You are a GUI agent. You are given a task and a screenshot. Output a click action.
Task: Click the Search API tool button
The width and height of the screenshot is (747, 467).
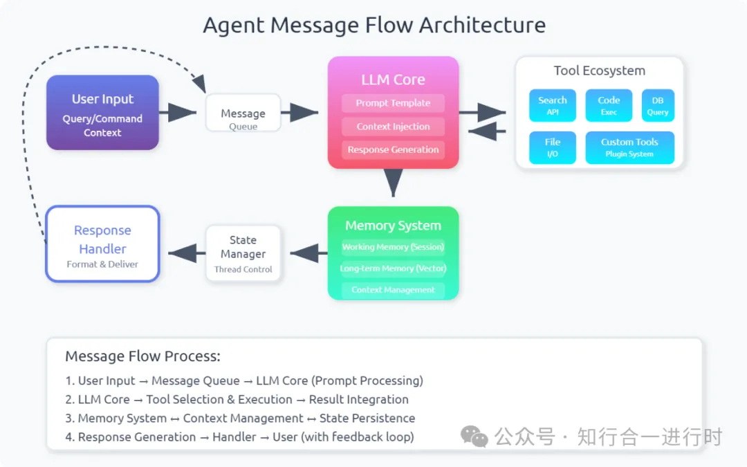click(552, 105)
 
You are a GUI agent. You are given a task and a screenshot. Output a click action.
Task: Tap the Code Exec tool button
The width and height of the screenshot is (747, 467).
click(609, 105)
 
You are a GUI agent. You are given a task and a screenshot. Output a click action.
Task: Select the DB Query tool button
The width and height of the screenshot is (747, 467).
click(658, 105)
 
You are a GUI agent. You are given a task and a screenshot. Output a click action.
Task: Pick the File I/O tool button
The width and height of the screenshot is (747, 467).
click(552, 148)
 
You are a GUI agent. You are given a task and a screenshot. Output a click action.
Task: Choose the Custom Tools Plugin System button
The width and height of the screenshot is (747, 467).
click(629, 148)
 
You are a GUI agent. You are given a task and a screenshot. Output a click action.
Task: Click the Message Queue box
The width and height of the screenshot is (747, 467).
click(243, 113)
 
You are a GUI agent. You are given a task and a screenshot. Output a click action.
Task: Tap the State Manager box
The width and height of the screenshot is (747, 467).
click(243, 253)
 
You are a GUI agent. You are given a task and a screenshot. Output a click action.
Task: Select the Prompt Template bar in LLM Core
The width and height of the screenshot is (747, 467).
click(393, 103)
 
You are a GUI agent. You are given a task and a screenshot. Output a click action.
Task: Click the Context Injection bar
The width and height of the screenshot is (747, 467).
click(393, 127)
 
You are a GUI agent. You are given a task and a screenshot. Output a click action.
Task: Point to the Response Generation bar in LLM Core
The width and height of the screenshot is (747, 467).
click(393, 149)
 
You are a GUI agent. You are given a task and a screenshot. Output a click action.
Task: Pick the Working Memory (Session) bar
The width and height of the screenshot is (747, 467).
click(393, 247)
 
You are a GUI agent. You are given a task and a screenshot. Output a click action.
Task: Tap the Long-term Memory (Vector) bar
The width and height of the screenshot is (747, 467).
click(393, 268)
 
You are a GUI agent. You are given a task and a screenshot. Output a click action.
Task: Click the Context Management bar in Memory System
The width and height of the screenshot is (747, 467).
click(393, 290)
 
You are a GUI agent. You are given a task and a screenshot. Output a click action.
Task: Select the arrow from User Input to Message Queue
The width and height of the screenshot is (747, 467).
click(178, 113)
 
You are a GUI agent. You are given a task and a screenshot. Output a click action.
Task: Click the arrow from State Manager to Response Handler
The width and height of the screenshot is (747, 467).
click(187, 253)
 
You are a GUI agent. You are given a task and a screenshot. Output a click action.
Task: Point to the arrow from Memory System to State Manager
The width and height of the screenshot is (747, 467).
click(308, 253)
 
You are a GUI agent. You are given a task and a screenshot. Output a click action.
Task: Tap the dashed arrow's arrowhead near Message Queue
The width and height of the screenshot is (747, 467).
click(200, 84)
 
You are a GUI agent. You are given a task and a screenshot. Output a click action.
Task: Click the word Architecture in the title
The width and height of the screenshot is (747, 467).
click(482, 25)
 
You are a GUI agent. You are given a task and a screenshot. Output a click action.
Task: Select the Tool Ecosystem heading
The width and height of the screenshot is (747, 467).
click(599, 71)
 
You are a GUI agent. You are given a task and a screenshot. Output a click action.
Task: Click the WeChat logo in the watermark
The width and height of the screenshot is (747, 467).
click(474, 437)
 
